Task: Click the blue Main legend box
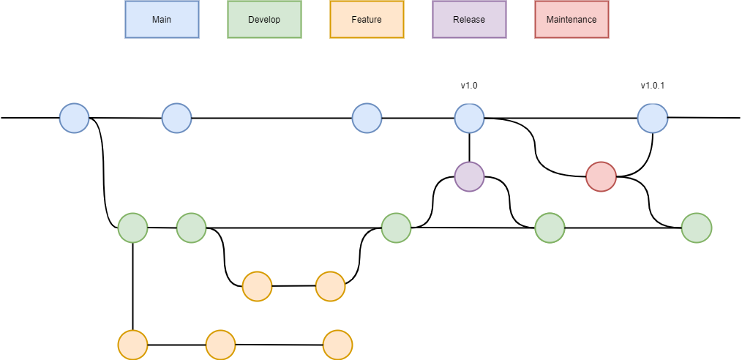click(162, 20)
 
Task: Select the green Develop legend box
click(264, 20)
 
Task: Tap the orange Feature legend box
click(367, 20)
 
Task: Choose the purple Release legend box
click(469, 20)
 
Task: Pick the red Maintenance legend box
click(572, 20)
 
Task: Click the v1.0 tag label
click(469, 86)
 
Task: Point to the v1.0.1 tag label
click(653, 86)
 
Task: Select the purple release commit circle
click(469, 177)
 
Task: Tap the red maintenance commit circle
click(601, 177)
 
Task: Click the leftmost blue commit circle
click(74, 119)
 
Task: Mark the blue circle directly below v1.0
click(469, 119)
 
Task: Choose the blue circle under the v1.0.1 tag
click(652, 119)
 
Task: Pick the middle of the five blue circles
click(367, 119)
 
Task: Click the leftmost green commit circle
click(132, 228)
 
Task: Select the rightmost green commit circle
click(696, 228)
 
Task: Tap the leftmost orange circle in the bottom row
click(132, 345)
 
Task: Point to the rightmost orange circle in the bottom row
click(337, 345)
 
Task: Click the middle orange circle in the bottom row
click(220, 345)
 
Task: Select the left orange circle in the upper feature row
click(257, 287)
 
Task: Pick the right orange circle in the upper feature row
click(330, 287)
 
